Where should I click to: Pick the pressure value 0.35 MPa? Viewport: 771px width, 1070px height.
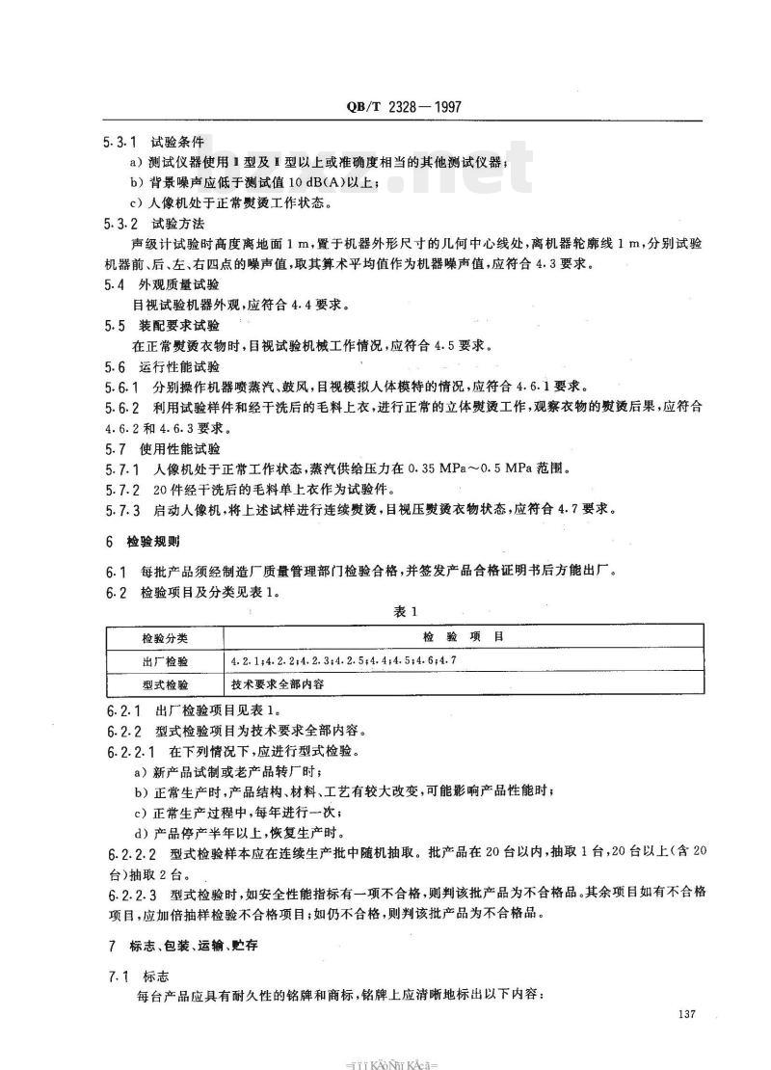[434, 468]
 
